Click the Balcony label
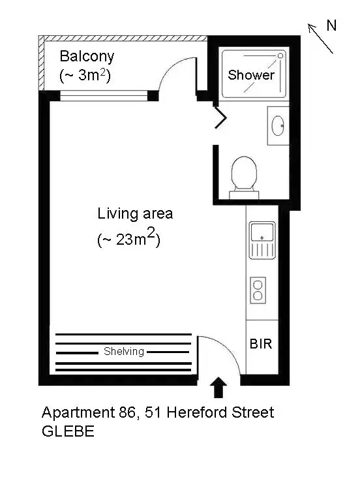87,56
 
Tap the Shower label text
251,75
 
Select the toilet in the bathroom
245,174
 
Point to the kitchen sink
262,239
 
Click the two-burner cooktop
258,289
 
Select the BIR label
261,343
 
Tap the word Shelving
124,352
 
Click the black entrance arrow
219,387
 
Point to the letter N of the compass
331,25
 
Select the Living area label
135,213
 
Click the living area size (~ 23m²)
128,239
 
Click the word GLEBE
68,431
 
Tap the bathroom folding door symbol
221,117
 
